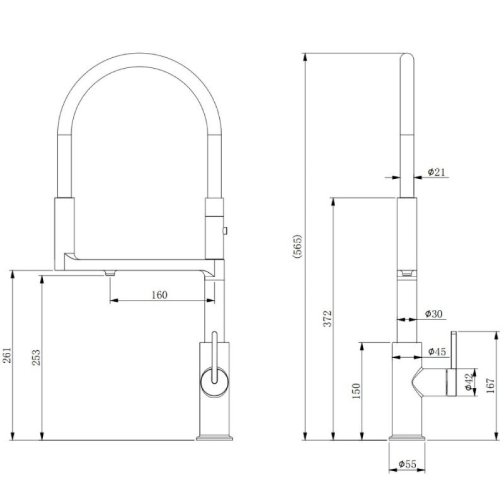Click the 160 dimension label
tap(159, 294)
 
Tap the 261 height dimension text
tap(7, 355)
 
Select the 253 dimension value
tap(36, 357)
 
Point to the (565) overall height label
tap(297, 246)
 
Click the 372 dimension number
tap(327, 319)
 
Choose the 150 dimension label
tap(357, 391)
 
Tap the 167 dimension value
tap(491, 386)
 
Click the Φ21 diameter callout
tap(436, 172)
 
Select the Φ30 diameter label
tap(433, 313)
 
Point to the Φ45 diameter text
tap(437, 352)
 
